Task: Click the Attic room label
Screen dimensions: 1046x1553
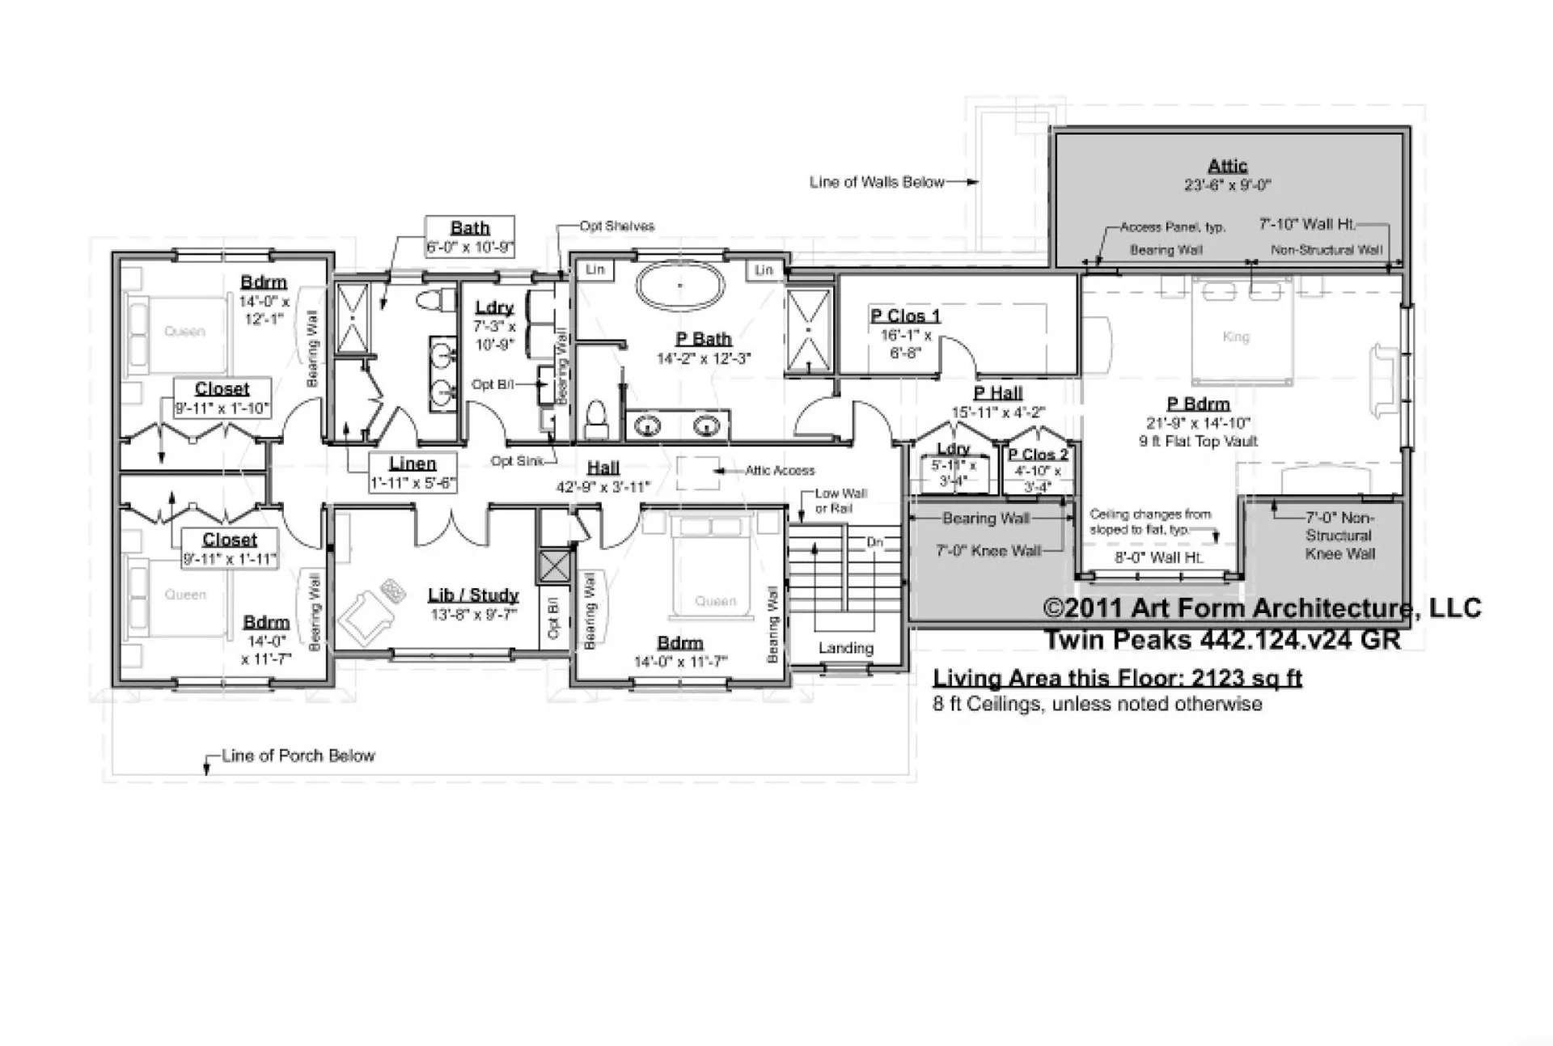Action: [x=1227, y=167]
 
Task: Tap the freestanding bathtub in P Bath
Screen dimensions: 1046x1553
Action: [x=679, y=286]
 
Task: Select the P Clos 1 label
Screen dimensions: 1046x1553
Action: [x=905, y=315]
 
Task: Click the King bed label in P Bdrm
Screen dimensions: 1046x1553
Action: [x=1236, y=337]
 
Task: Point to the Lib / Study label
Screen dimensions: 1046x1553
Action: [x=473, y=595]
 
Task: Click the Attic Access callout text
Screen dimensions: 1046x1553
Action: [x=780, y=470]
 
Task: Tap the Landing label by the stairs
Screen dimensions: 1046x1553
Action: [x=845, y=648]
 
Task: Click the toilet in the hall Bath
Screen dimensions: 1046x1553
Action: [x=430, y=301]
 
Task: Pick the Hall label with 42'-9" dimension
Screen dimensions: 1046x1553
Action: [x=603, y=468]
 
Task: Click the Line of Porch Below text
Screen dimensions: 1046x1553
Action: [x=298, y=756]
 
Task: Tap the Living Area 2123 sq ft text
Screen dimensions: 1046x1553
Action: [x=1117, y=678]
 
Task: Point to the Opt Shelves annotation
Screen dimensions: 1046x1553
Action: [x=616, y=226]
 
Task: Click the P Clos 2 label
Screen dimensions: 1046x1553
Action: [x=1038, y=455]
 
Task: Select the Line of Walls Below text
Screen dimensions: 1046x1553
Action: [x=877, y=182]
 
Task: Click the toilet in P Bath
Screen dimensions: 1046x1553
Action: [x=596, y=416]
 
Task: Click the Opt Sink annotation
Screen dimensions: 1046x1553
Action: [x=517, y=461]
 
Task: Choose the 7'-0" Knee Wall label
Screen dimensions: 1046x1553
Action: [x=988, y=551]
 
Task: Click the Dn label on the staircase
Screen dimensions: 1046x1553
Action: [x=874, y=542]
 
